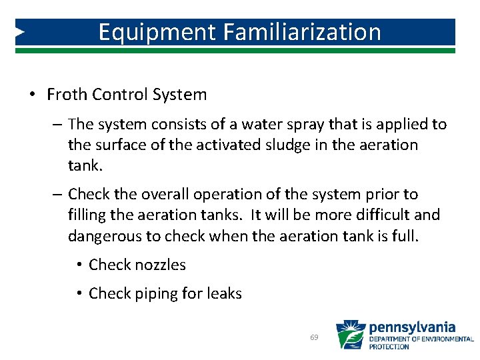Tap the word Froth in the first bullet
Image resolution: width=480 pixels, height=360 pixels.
67,95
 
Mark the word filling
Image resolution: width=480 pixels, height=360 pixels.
87,215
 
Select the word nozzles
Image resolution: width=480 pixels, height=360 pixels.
161,265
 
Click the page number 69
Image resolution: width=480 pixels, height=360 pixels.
315,338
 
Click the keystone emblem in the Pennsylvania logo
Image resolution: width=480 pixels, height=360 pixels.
350,335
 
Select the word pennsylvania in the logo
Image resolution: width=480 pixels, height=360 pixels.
412,327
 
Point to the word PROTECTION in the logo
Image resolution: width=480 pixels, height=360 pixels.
390,347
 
